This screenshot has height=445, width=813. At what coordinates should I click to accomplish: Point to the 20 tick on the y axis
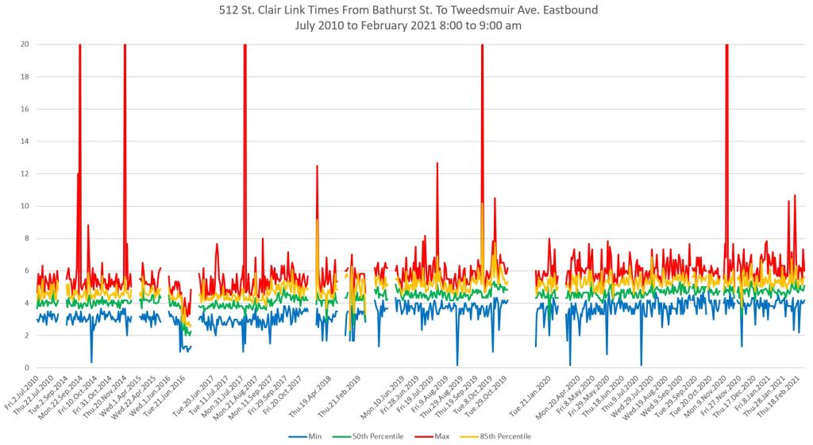click(x=24, y=44)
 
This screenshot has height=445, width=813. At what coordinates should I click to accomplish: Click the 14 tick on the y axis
click(x=24, y=141)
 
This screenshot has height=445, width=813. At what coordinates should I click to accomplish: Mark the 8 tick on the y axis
click(x=26, y=238)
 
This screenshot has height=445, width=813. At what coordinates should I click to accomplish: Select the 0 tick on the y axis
click(x=26, y=368)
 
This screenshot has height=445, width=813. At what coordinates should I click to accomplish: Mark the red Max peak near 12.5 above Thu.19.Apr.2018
click(x=317, y=166)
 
